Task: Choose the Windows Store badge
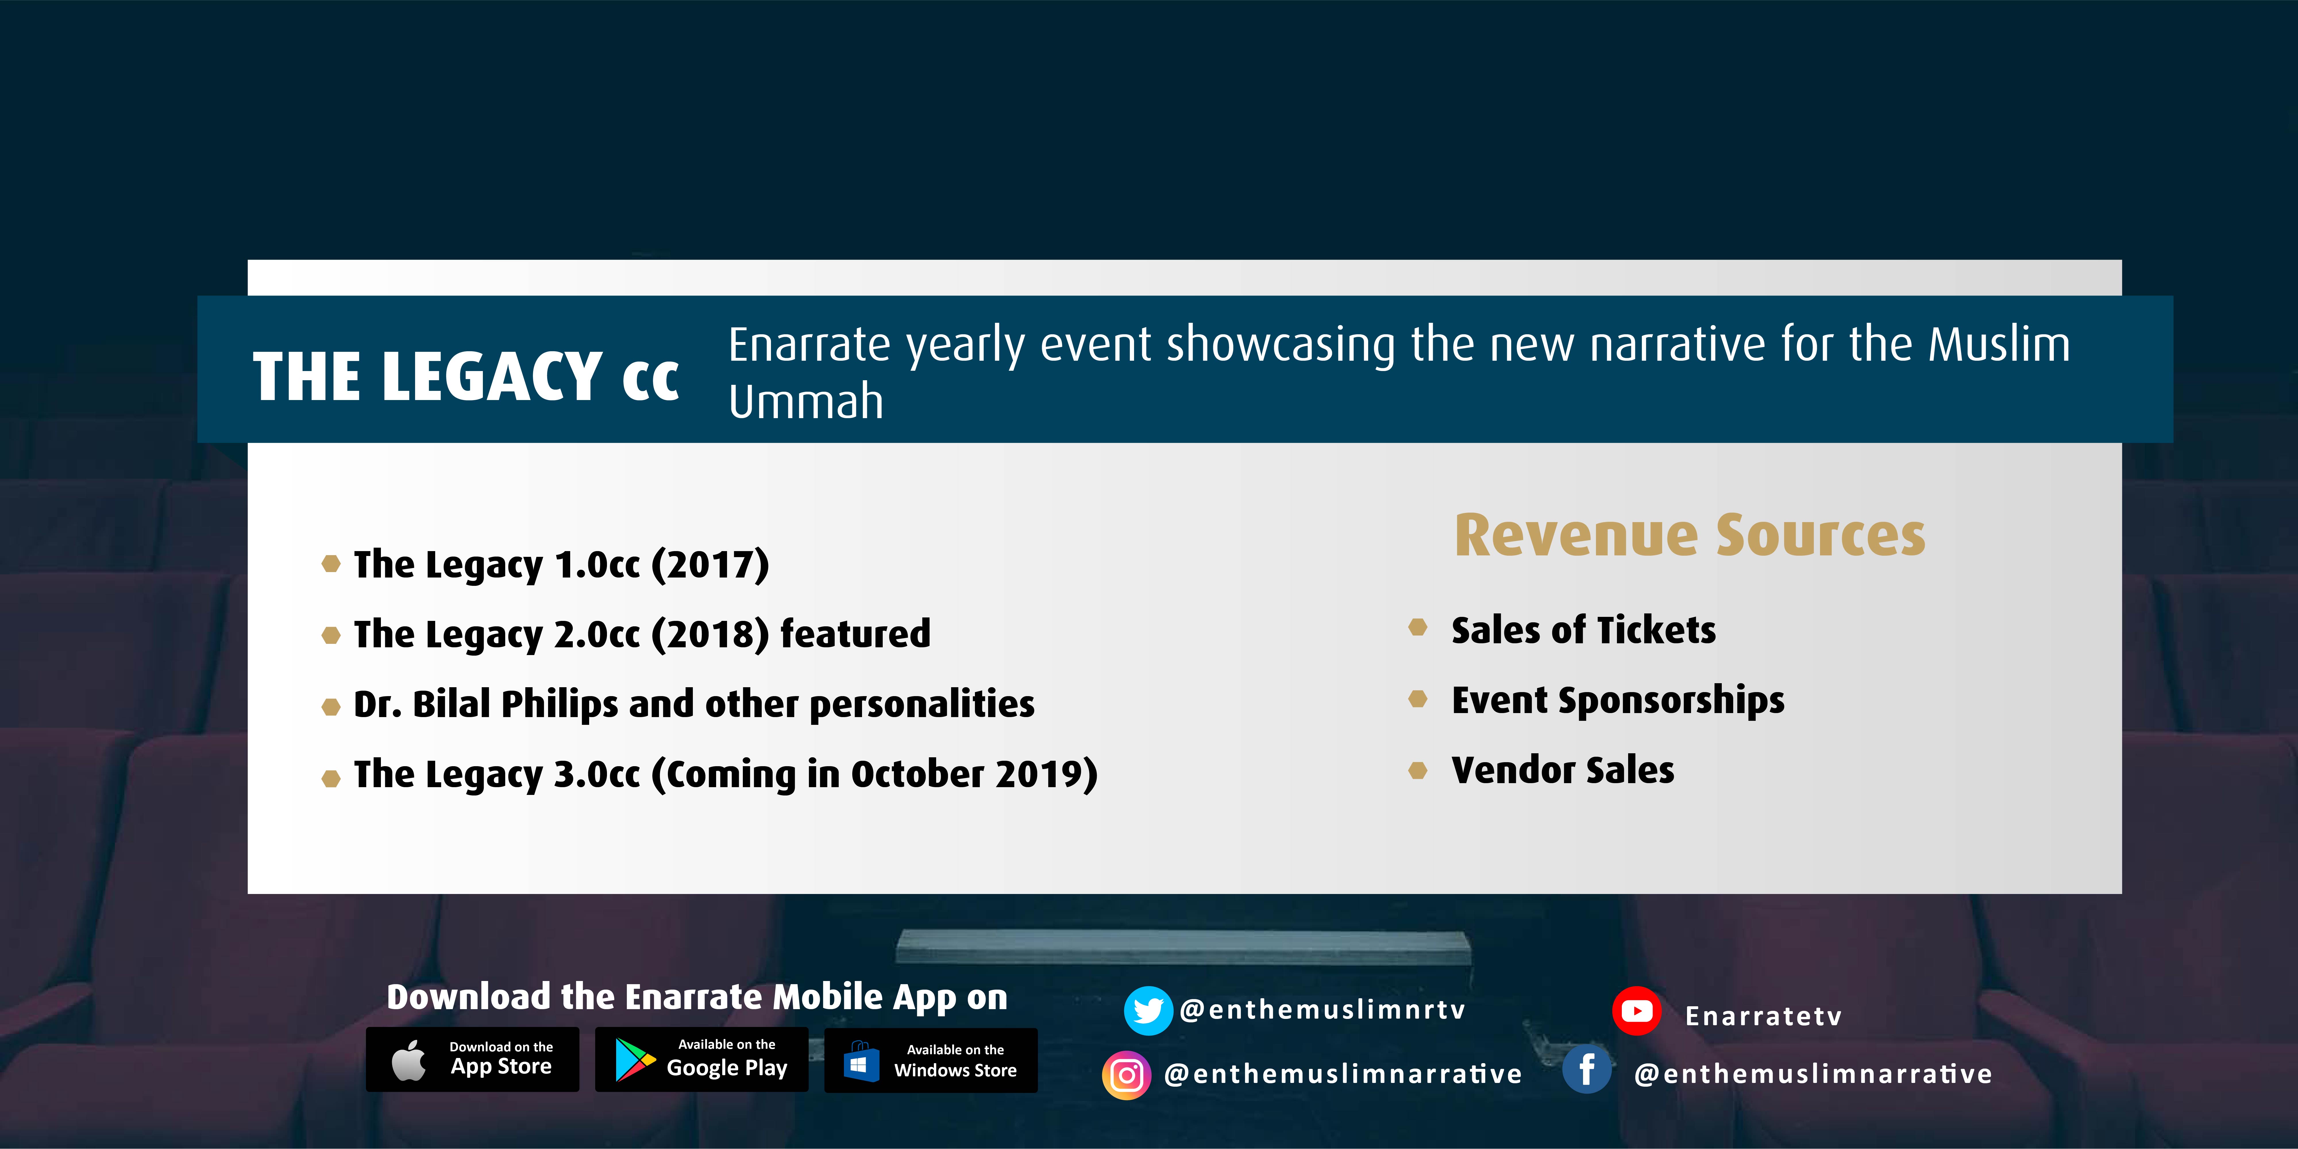point(930,1060)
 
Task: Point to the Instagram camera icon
point(1127,1075)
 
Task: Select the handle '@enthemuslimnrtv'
point(1322,1010)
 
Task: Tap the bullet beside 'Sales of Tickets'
point(1418,627)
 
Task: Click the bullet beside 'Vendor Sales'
point(1418,770)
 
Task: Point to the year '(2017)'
point(710,565)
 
